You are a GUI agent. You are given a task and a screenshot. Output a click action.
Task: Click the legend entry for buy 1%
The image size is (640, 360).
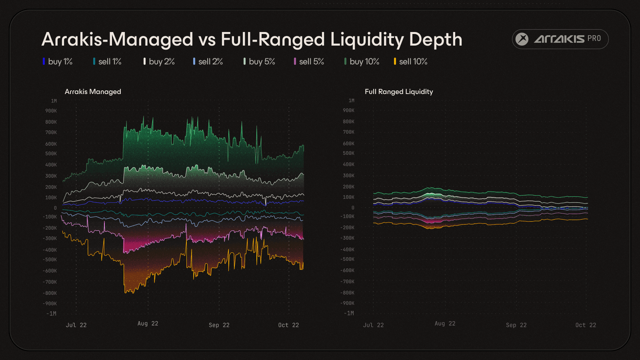(58, 62)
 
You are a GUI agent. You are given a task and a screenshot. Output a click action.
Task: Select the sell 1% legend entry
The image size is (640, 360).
(107, 62)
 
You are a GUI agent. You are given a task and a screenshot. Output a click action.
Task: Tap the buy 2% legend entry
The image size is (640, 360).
(159, 62)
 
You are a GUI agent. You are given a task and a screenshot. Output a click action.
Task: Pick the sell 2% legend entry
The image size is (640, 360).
(208, 62)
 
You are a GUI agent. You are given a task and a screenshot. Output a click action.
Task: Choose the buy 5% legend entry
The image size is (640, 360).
(259, 62)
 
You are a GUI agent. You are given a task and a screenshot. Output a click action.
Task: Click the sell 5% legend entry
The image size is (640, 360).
(309, 62)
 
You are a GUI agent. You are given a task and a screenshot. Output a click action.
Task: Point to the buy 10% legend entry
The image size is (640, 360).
(362, 62)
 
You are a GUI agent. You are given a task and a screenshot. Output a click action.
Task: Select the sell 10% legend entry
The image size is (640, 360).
(411, 62)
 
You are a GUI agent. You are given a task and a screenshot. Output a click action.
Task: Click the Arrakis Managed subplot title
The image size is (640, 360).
(93, 92)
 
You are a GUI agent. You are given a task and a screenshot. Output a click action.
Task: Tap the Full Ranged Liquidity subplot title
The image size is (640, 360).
(399, 92)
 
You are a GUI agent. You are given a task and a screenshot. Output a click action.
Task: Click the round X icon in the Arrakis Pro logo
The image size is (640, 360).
(522, 39)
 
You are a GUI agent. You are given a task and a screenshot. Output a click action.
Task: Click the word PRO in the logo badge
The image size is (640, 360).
(594, 38)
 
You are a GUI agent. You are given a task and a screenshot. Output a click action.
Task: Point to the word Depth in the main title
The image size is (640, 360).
(436, 40)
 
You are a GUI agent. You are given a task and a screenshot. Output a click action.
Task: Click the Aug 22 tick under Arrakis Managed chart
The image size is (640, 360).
(148, 324)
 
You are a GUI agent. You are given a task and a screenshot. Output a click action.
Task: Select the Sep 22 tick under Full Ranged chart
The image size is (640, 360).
(516, 325)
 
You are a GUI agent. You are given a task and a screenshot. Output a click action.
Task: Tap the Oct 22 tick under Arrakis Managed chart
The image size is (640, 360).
(288, 325)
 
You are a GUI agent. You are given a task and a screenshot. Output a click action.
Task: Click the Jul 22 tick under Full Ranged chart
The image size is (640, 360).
(373, 325)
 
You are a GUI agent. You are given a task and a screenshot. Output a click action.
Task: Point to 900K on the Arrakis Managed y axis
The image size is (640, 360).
(51, 111)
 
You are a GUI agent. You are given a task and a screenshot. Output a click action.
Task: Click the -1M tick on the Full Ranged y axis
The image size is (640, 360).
(349, 313)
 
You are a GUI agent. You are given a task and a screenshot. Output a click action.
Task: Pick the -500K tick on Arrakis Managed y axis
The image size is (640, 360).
(50, 260)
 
